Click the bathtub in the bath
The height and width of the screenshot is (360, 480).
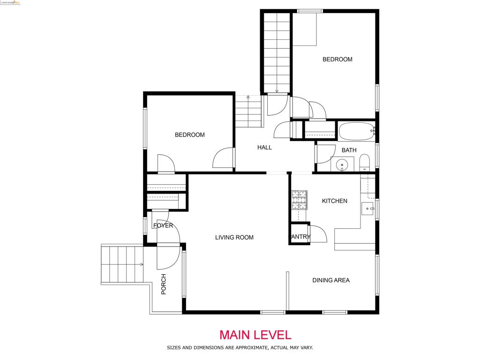point(356,131)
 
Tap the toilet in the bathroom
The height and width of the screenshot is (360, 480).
point(365,164)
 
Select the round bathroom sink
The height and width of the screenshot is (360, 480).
point(342,165)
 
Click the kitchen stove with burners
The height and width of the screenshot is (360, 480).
point(299,200)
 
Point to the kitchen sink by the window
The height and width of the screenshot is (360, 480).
point(368,208)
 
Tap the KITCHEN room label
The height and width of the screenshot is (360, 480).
point(334,201)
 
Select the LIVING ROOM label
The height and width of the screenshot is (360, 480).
point(234,237)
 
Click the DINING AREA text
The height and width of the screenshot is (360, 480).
point(331,280)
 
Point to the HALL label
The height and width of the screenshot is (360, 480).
point(264,147)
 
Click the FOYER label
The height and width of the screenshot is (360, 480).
point(163,225)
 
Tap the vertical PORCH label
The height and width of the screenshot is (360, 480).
point(164,284)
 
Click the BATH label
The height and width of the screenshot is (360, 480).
point(349,150)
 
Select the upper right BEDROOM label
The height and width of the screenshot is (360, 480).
point(337,59)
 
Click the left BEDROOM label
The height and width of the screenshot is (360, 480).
point(189,135)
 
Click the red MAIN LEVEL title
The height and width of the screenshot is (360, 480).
point(255,335)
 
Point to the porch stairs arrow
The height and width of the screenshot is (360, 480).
point(141,264)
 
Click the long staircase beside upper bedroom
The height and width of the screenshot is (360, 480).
point(277,52)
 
